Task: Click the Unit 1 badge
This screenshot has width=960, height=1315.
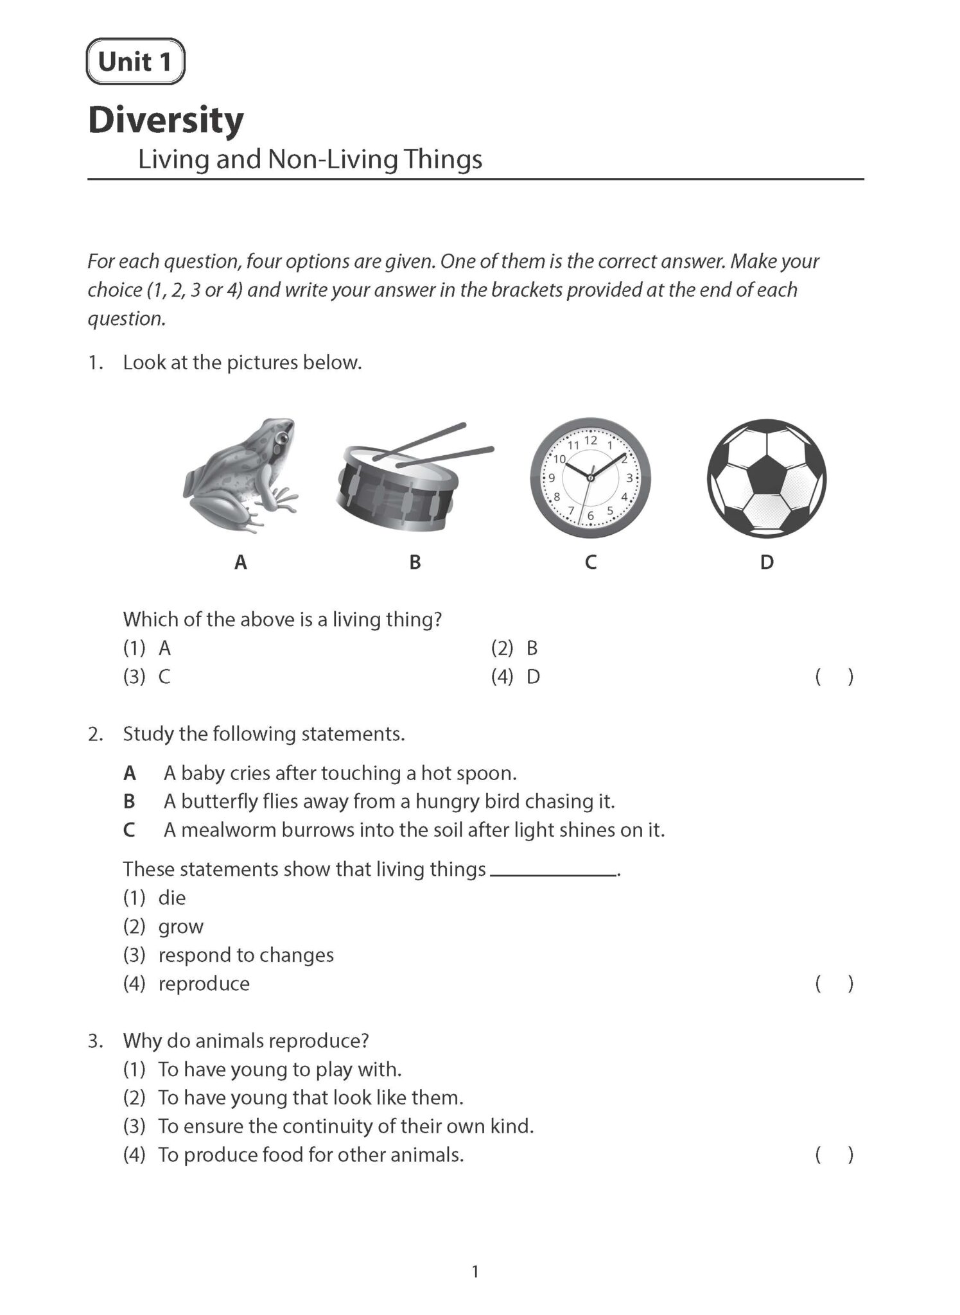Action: pos(135,62)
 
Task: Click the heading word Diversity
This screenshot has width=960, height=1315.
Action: pos(166,120)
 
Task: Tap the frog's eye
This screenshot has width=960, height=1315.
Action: pos(281,438)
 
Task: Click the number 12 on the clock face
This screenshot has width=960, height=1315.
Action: pos(590,440)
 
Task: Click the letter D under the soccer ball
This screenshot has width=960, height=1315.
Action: pos(766,562)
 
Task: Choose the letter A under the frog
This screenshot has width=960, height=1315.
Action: pos(240,562)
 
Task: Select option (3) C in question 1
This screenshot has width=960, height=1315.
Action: pos(148,677)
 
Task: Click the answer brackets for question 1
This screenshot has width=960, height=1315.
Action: pos(833,677)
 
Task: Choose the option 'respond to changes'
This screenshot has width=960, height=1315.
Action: pos(245,955)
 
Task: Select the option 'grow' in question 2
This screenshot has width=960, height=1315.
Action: pos(180,927)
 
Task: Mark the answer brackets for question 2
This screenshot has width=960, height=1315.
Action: pos(833,984)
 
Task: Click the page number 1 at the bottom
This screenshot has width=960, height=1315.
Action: pos(475,1271)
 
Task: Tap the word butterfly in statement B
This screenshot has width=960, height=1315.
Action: pos(218,801)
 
